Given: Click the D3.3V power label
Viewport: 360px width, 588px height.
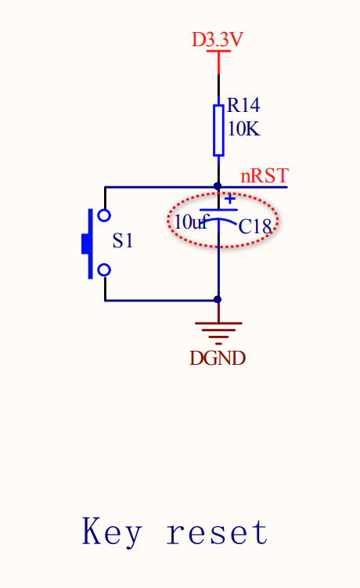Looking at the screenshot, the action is [218, 39].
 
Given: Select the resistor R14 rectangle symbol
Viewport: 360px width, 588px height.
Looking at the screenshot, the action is [218, 130].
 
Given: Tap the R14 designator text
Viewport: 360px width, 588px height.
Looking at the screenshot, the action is [243, 105].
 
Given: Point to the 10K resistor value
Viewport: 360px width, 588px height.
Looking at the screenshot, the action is [243, 128].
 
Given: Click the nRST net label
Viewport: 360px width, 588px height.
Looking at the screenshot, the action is [265, 175].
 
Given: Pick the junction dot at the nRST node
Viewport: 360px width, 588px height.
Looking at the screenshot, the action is [218, 186].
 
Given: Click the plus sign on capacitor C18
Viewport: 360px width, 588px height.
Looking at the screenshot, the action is [230, 198].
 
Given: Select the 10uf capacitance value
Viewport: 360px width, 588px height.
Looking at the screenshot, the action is [191, 222].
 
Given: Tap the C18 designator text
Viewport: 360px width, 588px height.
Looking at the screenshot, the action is [254, 226].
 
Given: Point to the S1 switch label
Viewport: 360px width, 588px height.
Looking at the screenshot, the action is [123, 240].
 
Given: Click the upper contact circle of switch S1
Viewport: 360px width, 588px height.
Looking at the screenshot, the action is [104, 215].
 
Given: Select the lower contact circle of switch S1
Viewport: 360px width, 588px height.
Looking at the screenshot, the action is [104, 270].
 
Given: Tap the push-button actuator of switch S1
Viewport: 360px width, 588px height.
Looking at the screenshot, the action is [88, 243].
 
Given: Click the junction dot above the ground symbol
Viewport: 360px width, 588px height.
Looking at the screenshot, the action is [218, 299].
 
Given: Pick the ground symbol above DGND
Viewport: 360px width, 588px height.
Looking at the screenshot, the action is [218, 333].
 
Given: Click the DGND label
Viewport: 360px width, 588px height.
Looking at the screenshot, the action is [218, 358].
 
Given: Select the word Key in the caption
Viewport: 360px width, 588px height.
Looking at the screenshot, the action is [112, 532].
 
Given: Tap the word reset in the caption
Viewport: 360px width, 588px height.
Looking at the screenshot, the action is [217, 532].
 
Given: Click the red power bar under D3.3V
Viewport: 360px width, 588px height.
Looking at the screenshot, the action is [218, 51].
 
